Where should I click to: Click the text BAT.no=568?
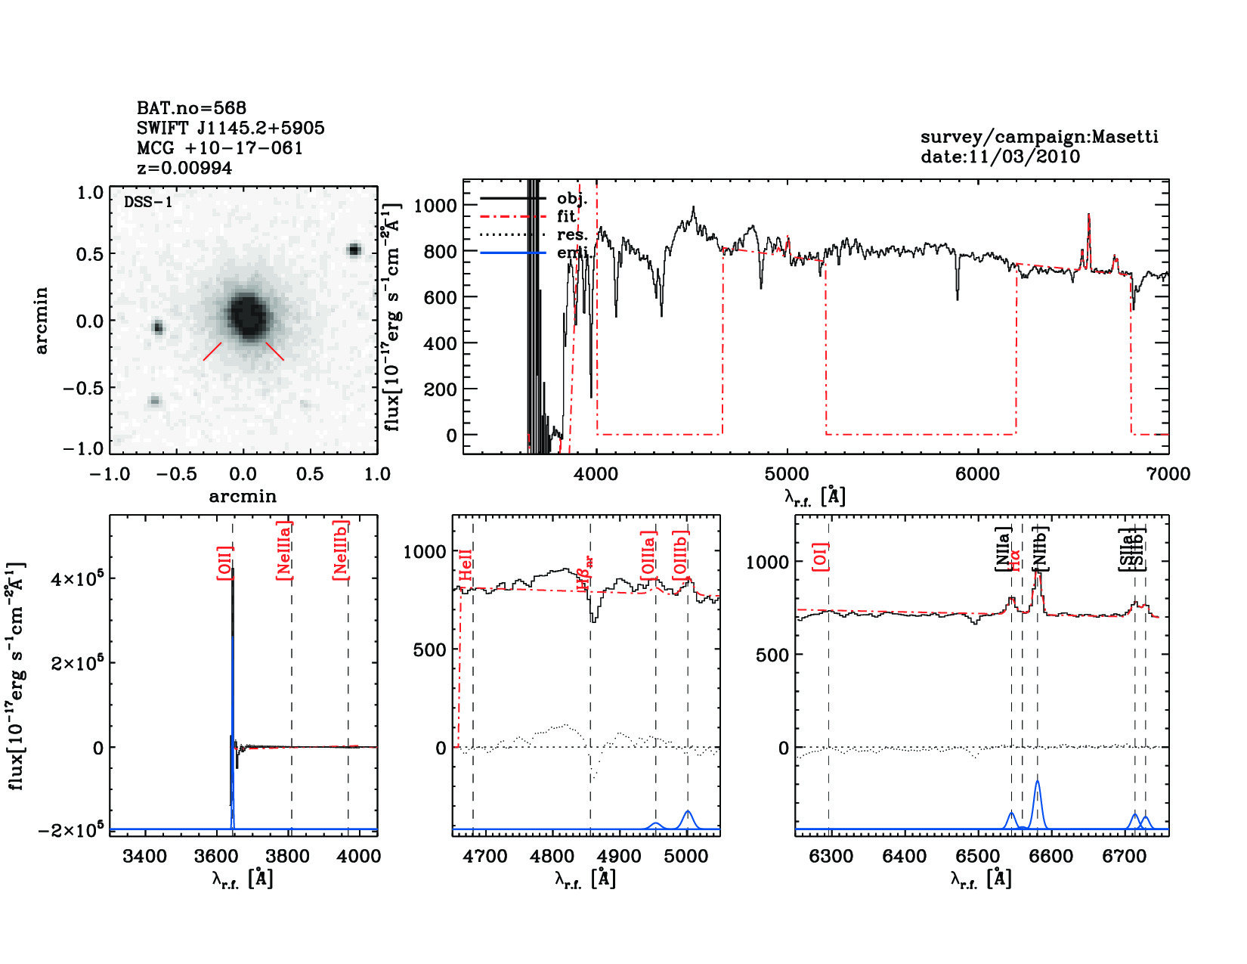click(191, 108)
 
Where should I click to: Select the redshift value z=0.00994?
click(184, 168)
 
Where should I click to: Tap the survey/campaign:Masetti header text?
click(1039, 137)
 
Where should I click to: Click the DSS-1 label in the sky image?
click(148, 202)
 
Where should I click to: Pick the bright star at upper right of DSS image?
click(354, 250)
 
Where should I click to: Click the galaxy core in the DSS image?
click(247, 315)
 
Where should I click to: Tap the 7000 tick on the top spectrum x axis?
click(1168, 474)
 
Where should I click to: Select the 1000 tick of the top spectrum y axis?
click(435, 205)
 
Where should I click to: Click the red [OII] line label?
click(224, 563)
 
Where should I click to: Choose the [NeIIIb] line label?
click(341, 550)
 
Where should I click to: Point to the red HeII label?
click(466, 566)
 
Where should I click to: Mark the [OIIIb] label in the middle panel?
click(681, 555)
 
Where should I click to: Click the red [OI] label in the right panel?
click(820, 556)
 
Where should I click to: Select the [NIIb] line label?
click(1040, 548)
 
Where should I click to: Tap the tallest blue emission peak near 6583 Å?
click(1038, 783)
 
